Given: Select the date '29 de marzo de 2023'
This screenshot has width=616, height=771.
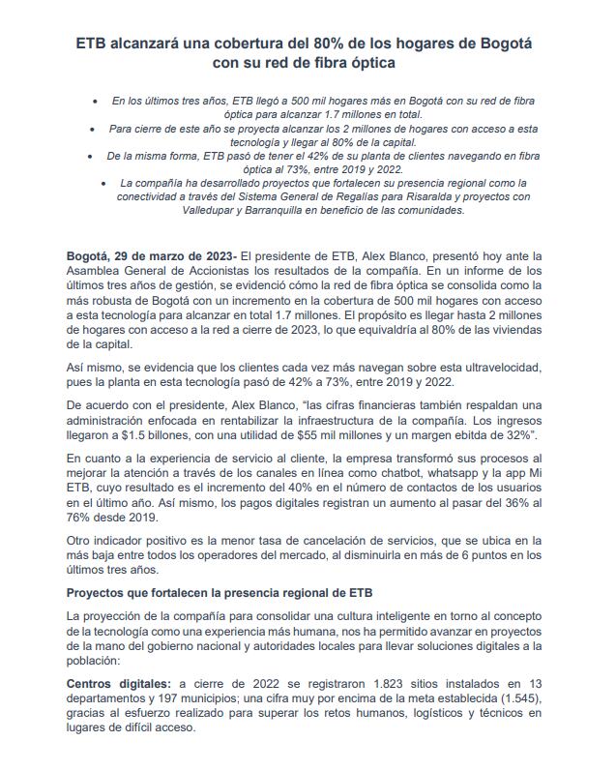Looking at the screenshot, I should tap(174, 253).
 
